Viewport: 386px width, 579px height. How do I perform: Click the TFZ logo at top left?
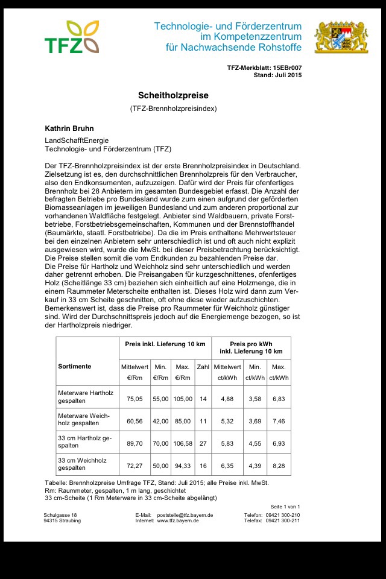click(x=71, y=37)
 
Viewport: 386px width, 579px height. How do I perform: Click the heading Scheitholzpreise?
click(x=173, y=95)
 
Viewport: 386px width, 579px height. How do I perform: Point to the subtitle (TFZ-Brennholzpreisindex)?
click(x=173, y=109)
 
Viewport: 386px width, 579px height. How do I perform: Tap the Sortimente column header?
click(x=75, y=366)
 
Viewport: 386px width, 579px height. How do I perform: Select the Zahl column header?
click(x=203, y=366)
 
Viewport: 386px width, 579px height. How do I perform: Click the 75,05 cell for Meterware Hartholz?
click(x=134, y=399)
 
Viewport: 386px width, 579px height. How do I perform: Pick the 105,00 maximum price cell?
click(x=183, y=399)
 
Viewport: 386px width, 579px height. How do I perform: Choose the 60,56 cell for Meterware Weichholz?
click(x=134, y=421)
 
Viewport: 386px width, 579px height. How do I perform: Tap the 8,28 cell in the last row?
click(x=278, y=465)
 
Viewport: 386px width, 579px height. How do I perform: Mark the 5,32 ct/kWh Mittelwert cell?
click(x=227, y=421)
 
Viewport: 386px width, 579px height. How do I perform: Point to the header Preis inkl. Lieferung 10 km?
click(x=165, y=343)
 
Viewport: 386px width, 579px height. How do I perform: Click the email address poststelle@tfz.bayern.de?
click(x=185, y=515)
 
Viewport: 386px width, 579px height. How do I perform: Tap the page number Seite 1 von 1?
click(x=285, y=506)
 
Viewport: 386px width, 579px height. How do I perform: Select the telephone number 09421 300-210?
click(x=283, y=515)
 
